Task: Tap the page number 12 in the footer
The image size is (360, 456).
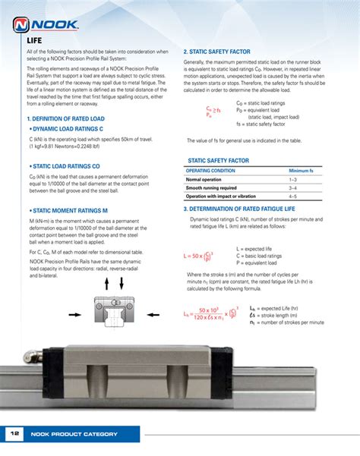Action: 14,433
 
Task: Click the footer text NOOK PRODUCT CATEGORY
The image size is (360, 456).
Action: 74,434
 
